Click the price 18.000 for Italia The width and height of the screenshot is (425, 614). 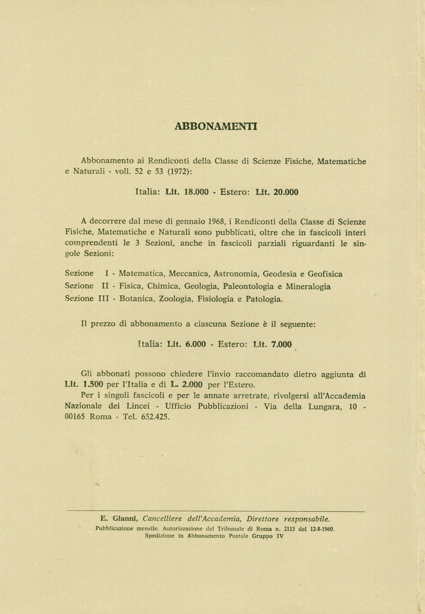[x=196, y=192]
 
